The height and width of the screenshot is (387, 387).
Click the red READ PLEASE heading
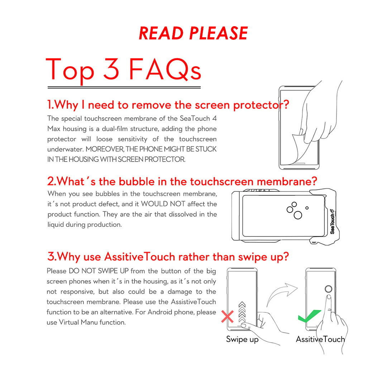click(x=193, y=33)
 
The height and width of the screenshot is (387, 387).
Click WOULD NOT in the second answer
click(x=163, y=204)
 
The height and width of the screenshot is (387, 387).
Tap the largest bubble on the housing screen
click(x=298, y=215)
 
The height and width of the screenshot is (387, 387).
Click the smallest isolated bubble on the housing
click(x=307, y=208)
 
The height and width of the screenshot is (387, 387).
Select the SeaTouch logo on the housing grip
click(x=332, y=222)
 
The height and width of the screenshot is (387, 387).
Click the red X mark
click(x=227, y=317)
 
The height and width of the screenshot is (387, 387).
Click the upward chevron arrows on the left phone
click(x=242, y=312)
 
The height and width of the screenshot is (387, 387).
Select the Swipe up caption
click(x=242, y=340)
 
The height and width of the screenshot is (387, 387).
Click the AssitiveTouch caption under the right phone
click(x=320, y=339)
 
